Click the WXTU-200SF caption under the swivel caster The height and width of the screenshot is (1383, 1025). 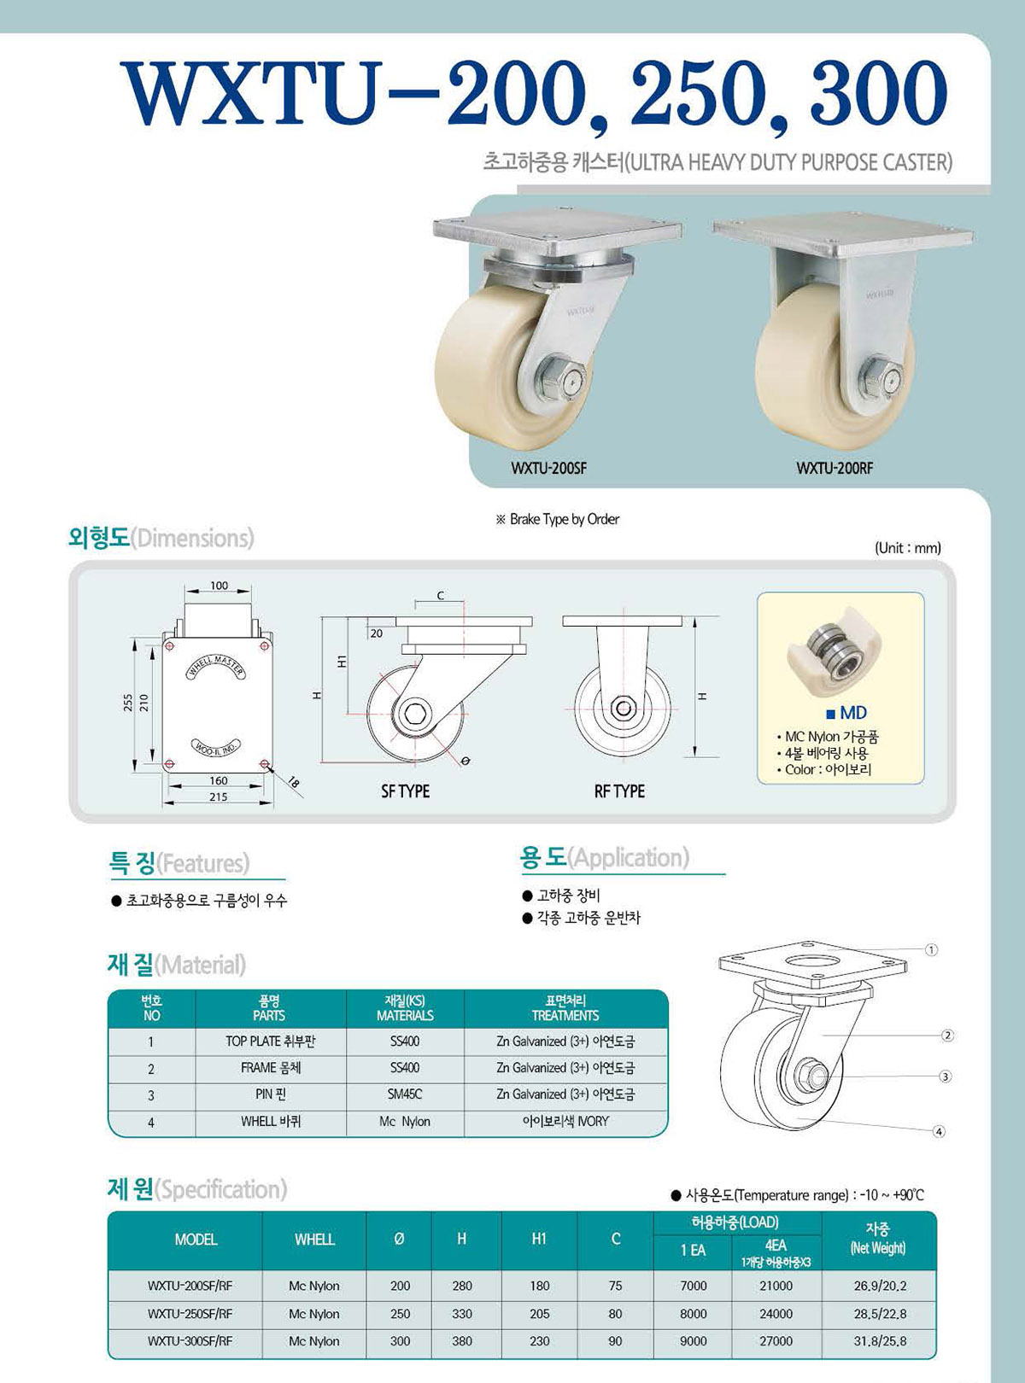pos(549,468)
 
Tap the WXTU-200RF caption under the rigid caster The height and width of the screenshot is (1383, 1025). pos(835,468)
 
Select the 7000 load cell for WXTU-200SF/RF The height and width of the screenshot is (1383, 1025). pos(693,1286)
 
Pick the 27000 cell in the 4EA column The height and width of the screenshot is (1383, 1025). pos(776,1340)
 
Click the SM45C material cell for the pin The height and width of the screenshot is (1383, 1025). pos(405,1094)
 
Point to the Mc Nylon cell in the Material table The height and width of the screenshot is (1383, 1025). pos(405,1121)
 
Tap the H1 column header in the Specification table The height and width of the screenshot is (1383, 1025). pos(539,1239)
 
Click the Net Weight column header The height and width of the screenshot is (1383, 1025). pos(878,1239)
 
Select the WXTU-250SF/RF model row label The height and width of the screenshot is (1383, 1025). pos(190,1313)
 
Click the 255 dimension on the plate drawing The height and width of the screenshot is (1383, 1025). pos(127,704)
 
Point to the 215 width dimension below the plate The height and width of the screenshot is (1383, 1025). pos(219,797)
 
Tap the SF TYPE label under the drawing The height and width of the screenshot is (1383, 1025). pos(406,791)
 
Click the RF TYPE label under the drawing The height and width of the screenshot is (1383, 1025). pos(619,791)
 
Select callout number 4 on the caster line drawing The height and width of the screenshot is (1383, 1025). pos(940,1131)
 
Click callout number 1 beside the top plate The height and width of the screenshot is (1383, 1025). pos(931,949)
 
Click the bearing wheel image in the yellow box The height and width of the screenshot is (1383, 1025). pos(834,660)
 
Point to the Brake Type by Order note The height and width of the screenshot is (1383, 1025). pos(558,519)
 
